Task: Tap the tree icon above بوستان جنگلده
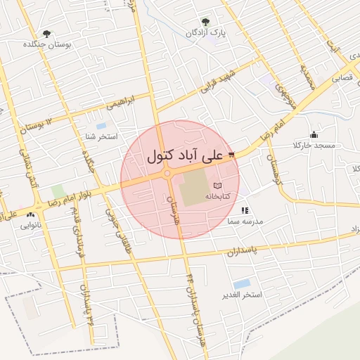pos(47,33)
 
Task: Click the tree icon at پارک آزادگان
pos(205,22)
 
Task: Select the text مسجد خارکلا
pos(318,146)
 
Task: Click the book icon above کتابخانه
pos(216,185)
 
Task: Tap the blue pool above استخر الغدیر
pos(242,283)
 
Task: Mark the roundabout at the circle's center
pos(167,173)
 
